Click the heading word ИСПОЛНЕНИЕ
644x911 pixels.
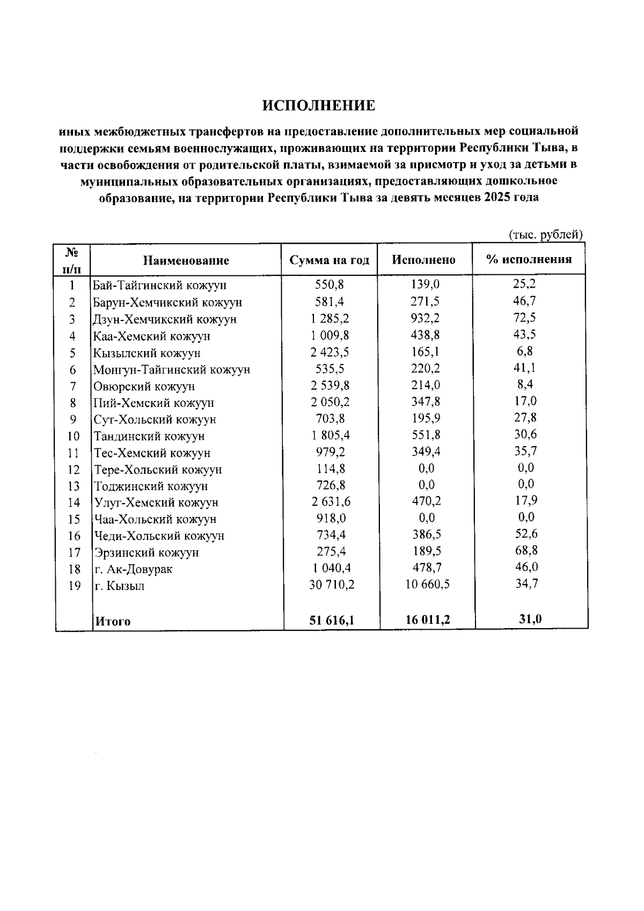(x=319, y=106)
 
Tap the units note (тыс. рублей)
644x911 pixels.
(x=545, y=235)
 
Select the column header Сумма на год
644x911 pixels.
(x=330, y=260)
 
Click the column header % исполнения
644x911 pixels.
(x=529, y=260)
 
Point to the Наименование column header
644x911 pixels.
(x=186, y=261)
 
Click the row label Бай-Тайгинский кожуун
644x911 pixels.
(x=159, y=286)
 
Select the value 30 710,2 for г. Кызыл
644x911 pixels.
(x=332, y=585)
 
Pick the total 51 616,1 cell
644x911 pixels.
(x=332, y=621)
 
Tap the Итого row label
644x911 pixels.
(x=113, y=622)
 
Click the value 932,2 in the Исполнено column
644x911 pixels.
(x=425, y=318)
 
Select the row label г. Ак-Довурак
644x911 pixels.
(x=134, y=569)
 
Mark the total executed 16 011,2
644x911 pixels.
(x=428, y=620)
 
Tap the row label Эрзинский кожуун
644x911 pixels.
(x=147, y=552)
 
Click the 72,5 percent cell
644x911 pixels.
(x=524, y=318)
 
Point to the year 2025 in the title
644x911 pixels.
(x=496, y=198)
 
